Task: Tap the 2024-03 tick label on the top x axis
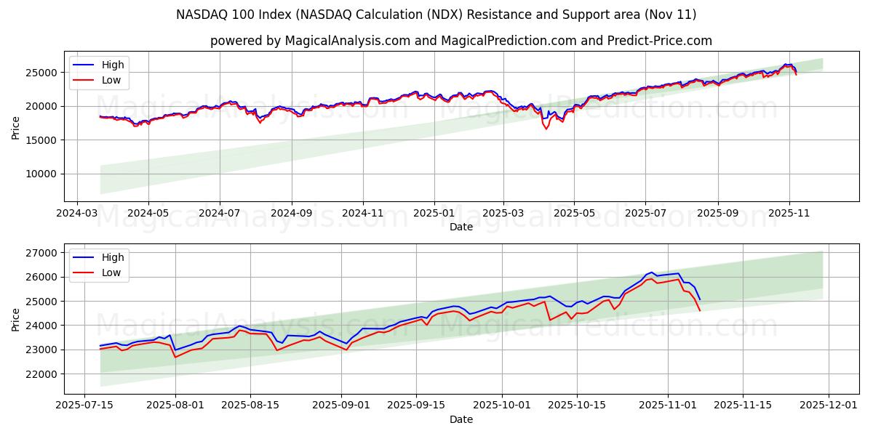(77, 214)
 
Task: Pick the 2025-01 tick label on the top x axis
(434, 214)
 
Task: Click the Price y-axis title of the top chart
(16, 127)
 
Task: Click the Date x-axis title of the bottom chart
(461, 419)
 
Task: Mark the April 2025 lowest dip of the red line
(546, 129)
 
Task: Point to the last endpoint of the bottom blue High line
(700, 299)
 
